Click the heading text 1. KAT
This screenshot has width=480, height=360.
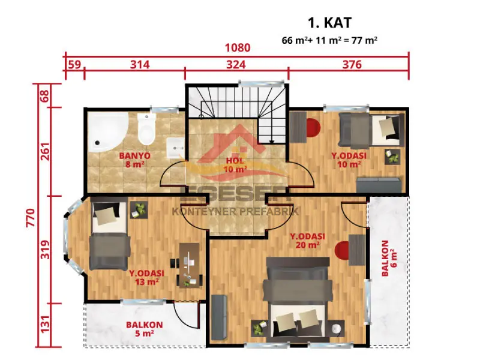(329, 23)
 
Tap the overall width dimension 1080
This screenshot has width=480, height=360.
(238, 47)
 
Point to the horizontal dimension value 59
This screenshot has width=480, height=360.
(74, 65)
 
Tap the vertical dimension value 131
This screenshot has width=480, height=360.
(44, 325)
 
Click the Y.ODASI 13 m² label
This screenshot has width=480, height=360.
(146, 277)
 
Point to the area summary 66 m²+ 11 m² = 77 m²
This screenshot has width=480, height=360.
(329, 40)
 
